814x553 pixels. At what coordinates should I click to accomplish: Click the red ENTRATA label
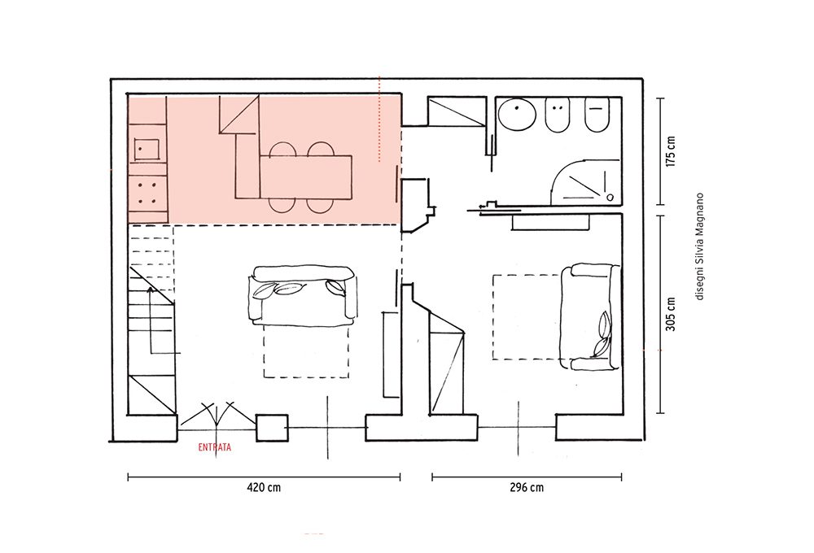pyautogui.click(x=214, y=447)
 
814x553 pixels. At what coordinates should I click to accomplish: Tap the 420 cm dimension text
pyautogui.click(x=264, y=487)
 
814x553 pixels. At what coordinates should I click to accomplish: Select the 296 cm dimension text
pyautogui.click(x=527, y=487)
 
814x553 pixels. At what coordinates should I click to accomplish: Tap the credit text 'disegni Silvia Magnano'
pyautogui.click(x=699, y=246)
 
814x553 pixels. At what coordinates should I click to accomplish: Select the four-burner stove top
pyautogui.click(x=148, y=193)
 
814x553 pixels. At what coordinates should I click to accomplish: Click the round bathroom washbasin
pyautogui.click(x=517, y=115)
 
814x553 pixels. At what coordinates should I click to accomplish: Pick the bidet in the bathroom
pyautogui.click(x=557, y=115)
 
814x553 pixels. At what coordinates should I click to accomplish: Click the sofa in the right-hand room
pyautogui.click(x=591, y=317)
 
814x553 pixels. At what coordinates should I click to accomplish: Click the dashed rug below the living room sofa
pyautogui.click(x=306, y=351)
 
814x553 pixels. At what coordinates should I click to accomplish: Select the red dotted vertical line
pyautogui.click(x=379, y=119)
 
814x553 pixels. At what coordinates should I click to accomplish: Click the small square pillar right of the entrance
pyautogui.click(x=273, y=428)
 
